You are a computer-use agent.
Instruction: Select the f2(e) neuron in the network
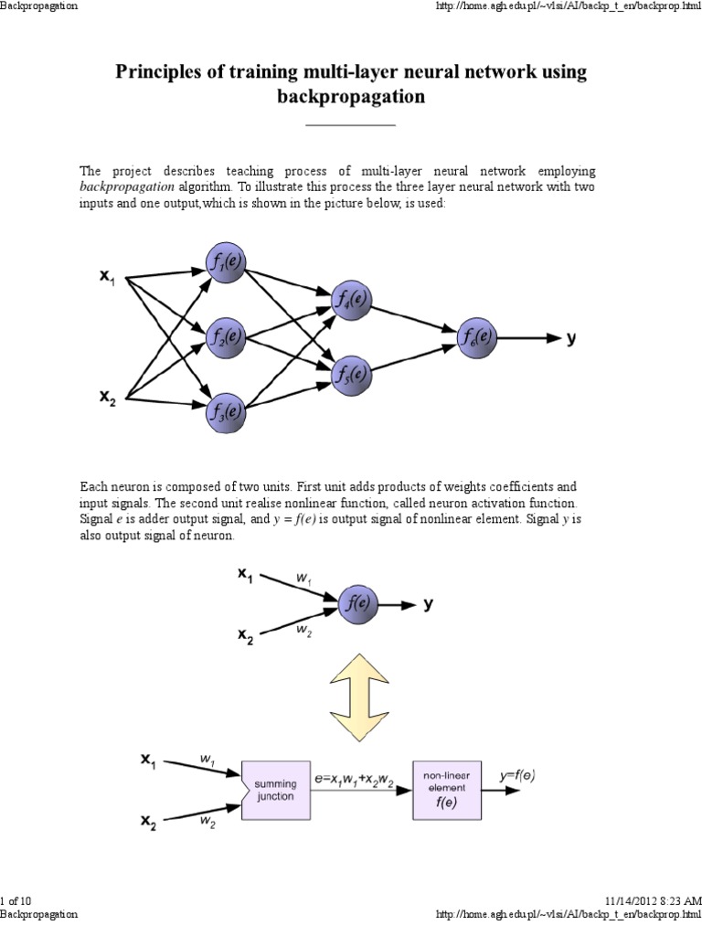click(x=224, y=336)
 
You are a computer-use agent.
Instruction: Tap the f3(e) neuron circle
click(x=224, y=411)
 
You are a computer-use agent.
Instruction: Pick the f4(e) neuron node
click(x=351, y=299)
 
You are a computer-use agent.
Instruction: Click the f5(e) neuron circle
click(x=351, y=374)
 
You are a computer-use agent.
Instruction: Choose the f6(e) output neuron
click(x=477, y=336)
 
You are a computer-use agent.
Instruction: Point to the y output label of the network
click(x=571, y=337)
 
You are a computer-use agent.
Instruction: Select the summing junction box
click(x=275, y=790)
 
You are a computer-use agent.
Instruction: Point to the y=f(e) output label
click(x=516, y=776)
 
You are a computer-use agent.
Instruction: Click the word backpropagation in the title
click(x=351, y=97)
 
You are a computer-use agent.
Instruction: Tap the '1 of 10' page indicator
click(x=16, y=900)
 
